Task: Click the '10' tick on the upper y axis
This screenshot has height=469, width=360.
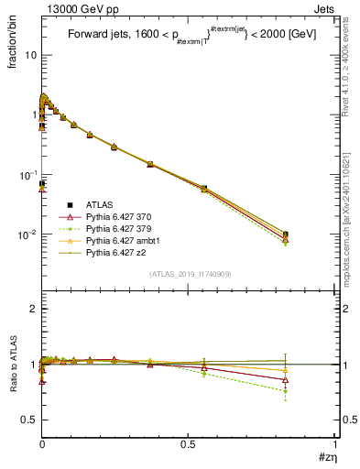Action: (30, 55)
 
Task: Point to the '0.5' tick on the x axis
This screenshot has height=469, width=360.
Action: (188, 444)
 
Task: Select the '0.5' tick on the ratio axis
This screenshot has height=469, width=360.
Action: (30, 420)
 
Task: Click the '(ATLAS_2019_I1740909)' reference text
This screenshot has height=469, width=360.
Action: (188, 275)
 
